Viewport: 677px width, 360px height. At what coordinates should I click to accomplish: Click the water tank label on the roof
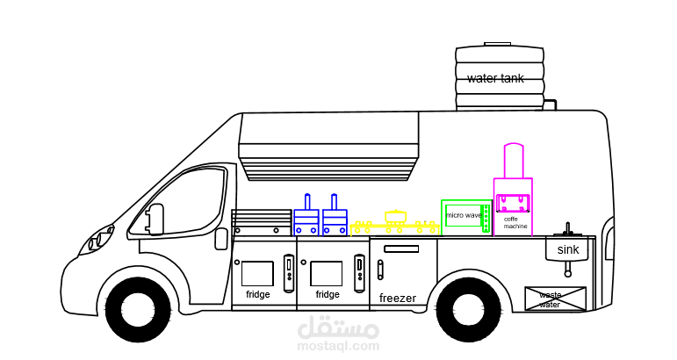(x=495, y=78)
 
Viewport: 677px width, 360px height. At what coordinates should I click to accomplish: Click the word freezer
(x=398, y=299)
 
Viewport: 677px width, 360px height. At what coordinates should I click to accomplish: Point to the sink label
(x=568, y=250)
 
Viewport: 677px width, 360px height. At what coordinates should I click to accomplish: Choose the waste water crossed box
(x=555, y=299)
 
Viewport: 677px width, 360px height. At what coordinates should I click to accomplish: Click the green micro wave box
(x=465, y=215)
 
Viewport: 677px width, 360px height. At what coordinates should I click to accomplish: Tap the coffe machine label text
(x=515, y=223)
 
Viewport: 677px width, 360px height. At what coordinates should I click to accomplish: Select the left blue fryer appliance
(x=306, y=218)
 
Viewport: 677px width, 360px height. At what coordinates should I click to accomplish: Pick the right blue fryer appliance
(x=335, y=218)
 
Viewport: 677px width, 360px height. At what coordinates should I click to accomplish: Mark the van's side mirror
(x=155, y=219)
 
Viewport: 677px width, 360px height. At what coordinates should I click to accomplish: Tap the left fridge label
(x=258, y=295)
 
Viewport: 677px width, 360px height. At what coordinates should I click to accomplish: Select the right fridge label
(x=328, y=295)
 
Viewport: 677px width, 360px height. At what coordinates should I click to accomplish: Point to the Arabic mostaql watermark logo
(x=339, y=332)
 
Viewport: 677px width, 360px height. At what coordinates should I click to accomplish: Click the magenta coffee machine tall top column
(x=514, y=161)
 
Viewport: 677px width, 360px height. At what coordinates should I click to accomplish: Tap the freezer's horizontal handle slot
(x=401, y=249)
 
